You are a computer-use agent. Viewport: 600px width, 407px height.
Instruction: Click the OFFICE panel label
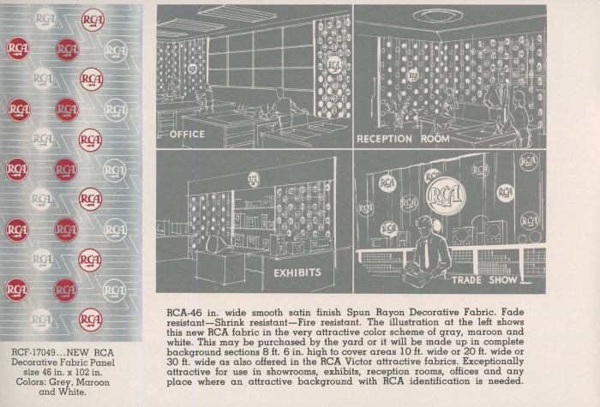coord(187,135)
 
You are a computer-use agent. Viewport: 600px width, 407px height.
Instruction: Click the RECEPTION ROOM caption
coord(404,139)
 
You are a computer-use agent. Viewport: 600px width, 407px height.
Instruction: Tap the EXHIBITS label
coord(297,272)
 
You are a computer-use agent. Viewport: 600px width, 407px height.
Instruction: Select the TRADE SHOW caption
coord(484,280)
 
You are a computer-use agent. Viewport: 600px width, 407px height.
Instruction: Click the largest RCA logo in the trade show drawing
coord(447,195)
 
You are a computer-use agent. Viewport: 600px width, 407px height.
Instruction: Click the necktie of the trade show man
coord(427,253)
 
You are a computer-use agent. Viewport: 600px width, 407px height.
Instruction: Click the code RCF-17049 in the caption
coord(33,352)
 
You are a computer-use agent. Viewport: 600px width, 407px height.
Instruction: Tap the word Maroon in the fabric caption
coord(93,382)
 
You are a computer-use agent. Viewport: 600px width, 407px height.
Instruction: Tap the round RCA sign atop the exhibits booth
coord(254,179)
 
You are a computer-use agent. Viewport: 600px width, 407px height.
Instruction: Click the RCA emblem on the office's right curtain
coord(333,65)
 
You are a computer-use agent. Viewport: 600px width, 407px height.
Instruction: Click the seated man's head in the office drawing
coord(279,94)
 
